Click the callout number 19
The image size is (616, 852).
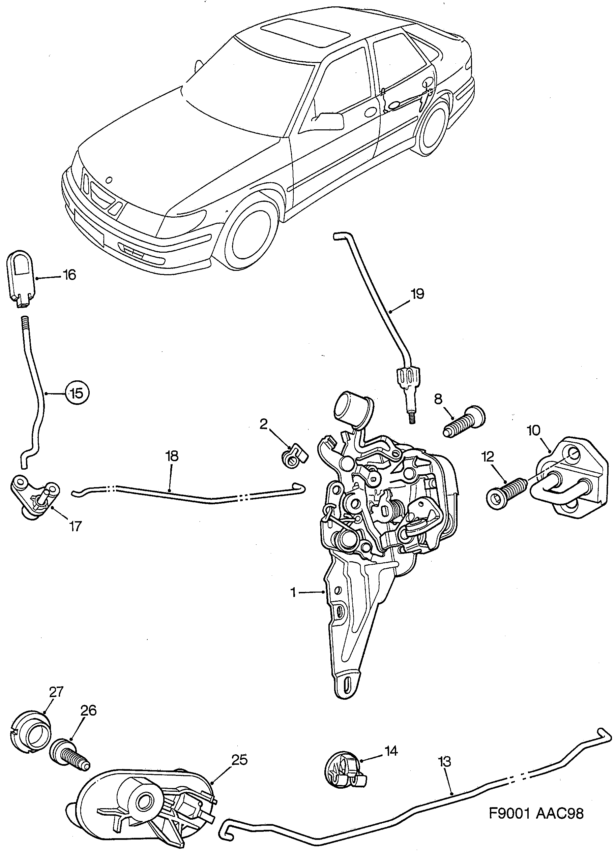[417, 294]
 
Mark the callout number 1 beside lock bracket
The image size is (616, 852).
[294, 593]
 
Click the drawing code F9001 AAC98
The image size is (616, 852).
[536, 814]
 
